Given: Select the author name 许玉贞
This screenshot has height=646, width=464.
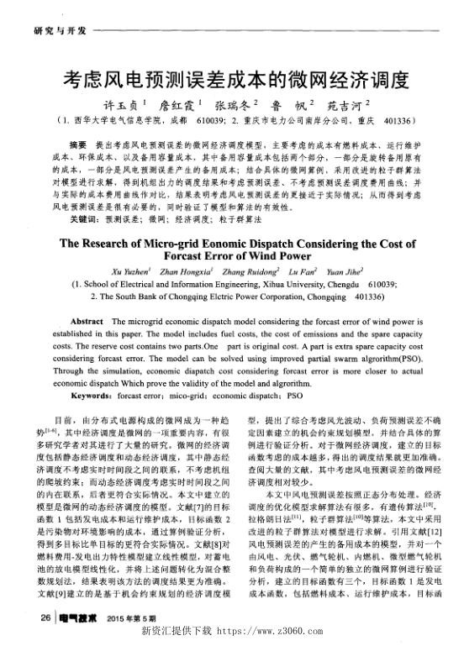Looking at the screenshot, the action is (129, 107).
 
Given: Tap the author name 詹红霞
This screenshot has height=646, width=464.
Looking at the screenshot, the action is (189, 107).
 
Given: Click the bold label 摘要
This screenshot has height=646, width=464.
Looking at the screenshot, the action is (78, 146).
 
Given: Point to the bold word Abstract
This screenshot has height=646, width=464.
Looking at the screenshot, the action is (87, 323).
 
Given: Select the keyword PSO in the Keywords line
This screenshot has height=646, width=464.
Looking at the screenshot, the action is (294, 394).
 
